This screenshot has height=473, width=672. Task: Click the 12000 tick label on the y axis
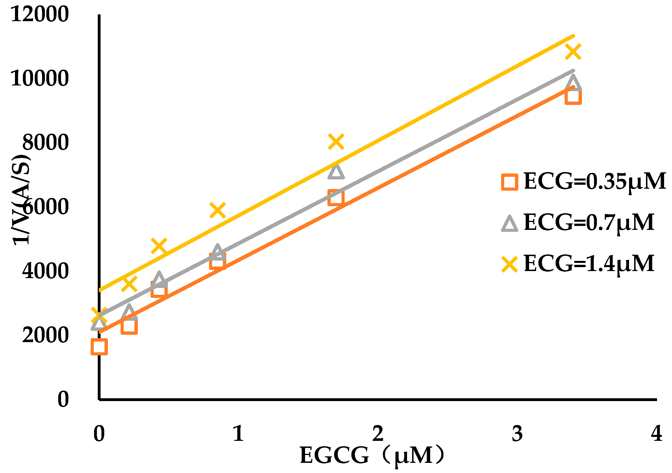(40, 14)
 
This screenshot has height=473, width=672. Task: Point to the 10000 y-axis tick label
(40, 78)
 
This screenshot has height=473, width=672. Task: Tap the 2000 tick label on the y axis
(45, 335)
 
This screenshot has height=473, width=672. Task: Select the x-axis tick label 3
(517, 434)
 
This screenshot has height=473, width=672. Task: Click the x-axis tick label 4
(656, 433)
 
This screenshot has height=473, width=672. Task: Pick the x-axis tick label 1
(238, 434)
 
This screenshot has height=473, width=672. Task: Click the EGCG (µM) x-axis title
(372, 456)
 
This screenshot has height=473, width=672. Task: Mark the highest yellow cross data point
(573, 52)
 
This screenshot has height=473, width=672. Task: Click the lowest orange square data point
(99, 347)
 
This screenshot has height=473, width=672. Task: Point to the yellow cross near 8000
(336, 142)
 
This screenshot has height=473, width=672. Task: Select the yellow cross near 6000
(218, 210)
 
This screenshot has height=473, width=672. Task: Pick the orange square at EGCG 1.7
(336, 197)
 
